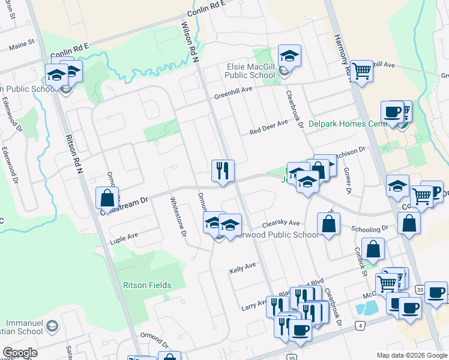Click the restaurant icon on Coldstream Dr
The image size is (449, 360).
222,170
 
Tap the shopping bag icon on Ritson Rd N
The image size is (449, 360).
106,197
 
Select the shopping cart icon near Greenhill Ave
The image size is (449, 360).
361,71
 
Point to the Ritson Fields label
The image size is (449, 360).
147,285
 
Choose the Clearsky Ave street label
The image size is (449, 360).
282,223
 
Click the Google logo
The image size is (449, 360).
20,353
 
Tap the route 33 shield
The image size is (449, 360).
420,289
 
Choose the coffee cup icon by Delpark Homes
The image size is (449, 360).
392,112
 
